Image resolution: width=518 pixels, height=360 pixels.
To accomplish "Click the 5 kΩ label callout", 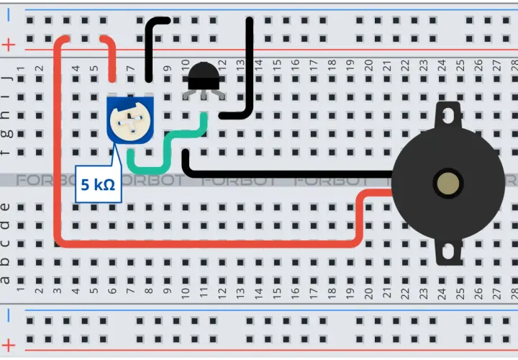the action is coord(99,184).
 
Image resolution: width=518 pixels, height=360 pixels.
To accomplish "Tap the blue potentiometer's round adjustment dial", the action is coord(130,121).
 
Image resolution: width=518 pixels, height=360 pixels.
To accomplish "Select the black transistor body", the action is coord(204,76).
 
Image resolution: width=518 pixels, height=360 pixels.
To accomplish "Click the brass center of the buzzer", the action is coord(448,184).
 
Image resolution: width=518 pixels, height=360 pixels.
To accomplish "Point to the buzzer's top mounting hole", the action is coord(448,115).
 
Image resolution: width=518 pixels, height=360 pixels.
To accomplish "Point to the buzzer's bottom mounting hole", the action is coord(448,251).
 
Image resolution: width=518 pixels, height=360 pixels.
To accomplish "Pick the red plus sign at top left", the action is coord(9,45).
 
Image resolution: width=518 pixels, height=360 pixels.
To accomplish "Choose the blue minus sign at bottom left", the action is coord(8,315).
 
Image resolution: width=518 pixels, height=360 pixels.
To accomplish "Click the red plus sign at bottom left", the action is coord(9,346).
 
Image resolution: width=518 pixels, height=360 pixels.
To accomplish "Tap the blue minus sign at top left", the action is coord(8,15).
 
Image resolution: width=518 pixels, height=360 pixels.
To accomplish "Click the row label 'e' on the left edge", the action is coord(4,207).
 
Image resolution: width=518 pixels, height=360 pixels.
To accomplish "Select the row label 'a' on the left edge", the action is coord(4,281).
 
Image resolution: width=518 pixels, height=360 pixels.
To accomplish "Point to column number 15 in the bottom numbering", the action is coord(277,292).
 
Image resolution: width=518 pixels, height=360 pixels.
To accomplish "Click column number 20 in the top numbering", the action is coord(368,65).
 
